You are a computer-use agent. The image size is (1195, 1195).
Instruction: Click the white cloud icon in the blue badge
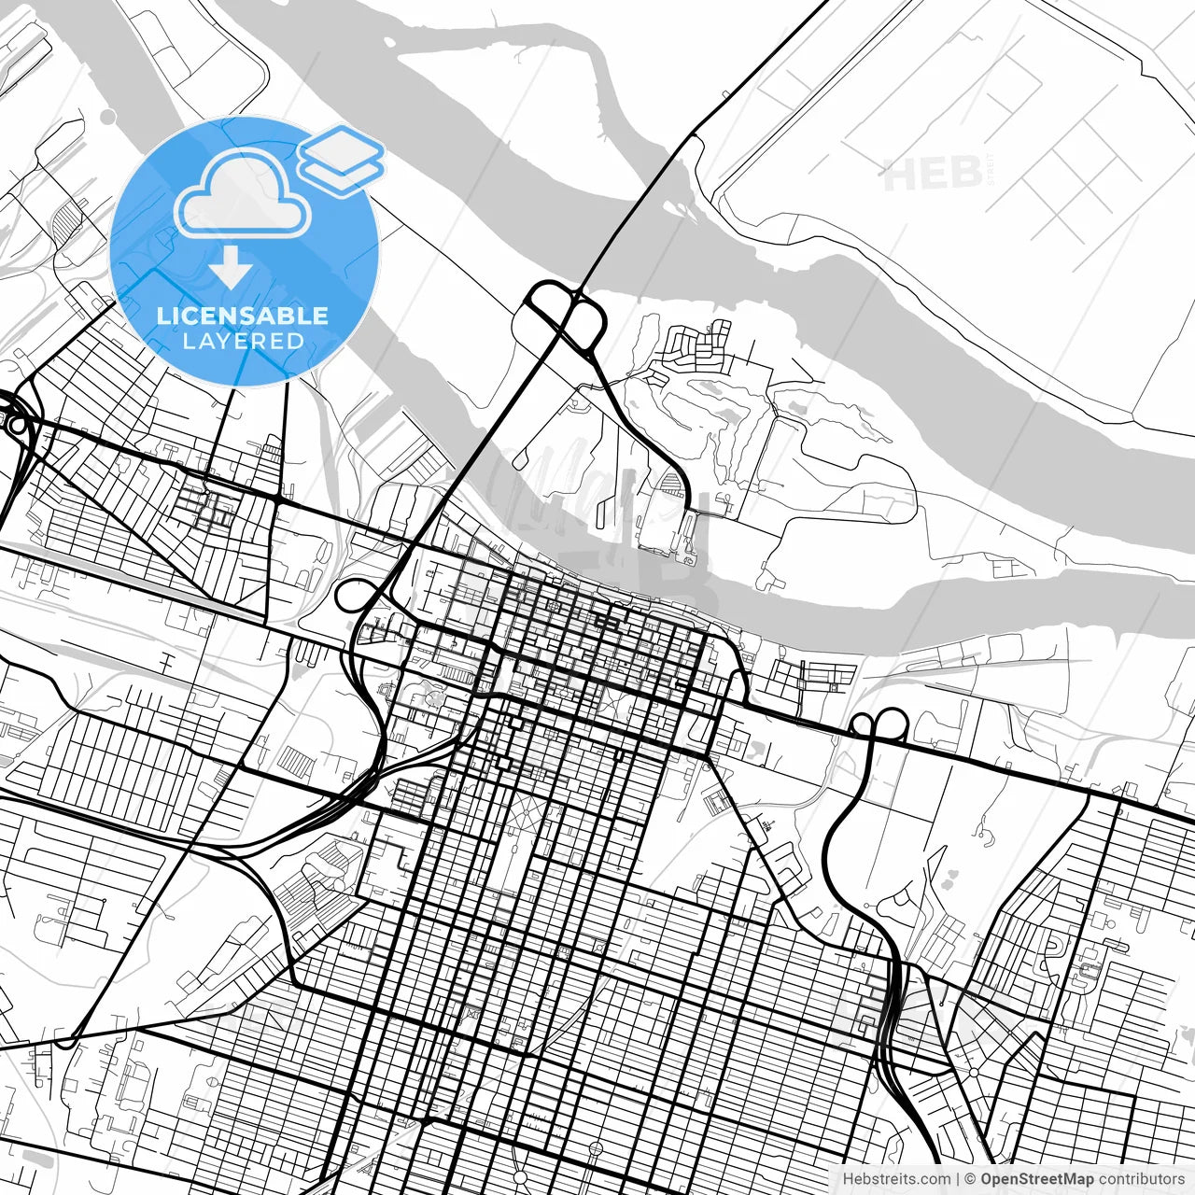243,194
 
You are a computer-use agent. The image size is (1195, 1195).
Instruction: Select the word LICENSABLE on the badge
243,316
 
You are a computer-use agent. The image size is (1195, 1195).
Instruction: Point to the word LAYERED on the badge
243,341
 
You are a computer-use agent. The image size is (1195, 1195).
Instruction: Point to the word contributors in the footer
1142,1179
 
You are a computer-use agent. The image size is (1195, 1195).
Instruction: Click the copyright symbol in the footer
971,1179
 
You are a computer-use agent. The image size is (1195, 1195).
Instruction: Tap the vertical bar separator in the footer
959,1179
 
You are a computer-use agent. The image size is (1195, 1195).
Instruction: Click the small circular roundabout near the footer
973,1074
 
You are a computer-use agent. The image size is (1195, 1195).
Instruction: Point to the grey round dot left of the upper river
108,116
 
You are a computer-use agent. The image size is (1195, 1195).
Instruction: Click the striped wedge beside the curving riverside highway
670,483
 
